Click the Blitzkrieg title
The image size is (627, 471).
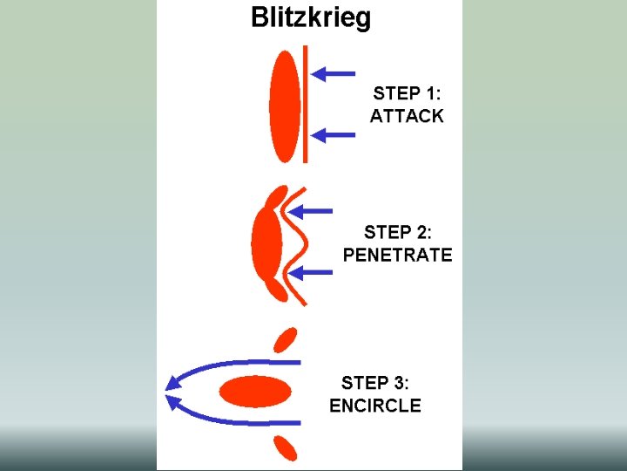[310, 17]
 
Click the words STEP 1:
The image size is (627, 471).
[408, 93]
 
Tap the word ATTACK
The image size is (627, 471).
[408, 116]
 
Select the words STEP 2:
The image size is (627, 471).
[397, 232]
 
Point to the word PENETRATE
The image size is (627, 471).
[397, 255]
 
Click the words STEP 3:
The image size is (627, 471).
[375, 383]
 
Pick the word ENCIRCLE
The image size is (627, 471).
[375, 406]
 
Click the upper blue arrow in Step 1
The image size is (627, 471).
[333, 73]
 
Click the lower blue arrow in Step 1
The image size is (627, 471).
[333, 134]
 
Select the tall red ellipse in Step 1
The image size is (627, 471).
[285, 106]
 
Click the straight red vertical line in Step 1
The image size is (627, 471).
[306, 105]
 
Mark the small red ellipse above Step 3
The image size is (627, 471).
[285, 339]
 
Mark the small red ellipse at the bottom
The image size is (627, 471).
[285, 447]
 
